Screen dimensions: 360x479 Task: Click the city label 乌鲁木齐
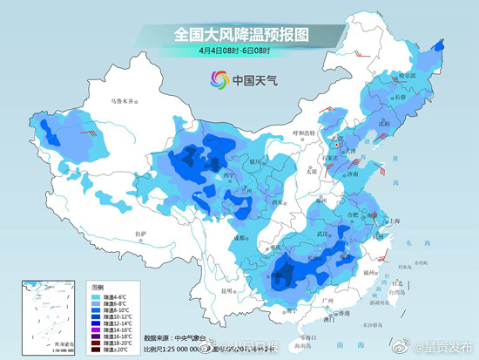pyautogui.click(x=122, y=101)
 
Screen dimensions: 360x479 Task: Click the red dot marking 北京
pyautogui.click(x=341, y=145)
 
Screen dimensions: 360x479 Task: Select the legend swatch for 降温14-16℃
pyautogui.click(x=96, y=330)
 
